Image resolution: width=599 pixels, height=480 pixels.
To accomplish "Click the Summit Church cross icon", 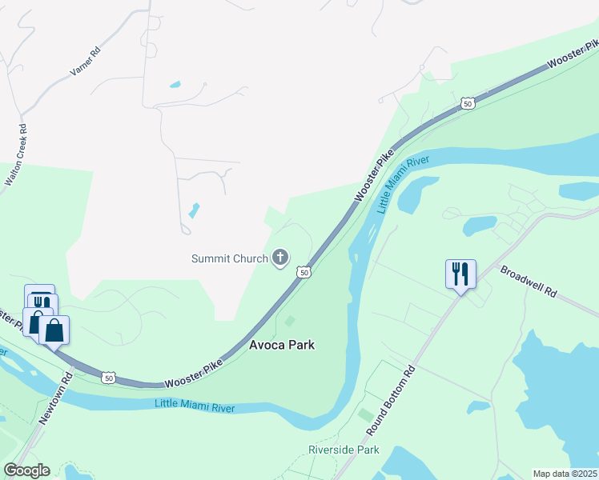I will click(279, 258).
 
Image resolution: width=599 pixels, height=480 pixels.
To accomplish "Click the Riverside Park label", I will click(344, 450).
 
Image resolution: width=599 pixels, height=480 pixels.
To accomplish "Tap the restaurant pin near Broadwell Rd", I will click(460, 274).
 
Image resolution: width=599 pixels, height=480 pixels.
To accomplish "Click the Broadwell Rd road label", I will click(528, 282).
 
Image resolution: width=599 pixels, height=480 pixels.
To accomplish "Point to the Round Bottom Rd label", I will click(392, 401).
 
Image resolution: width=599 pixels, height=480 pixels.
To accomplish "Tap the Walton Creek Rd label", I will click(16, 155).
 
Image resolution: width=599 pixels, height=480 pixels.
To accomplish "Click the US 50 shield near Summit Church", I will click(304, 273).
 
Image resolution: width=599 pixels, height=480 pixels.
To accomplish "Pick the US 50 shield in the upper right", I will click(468, 103).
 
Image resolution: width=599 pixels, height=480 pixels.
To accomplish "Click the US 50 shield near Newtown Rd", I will click(110, 377).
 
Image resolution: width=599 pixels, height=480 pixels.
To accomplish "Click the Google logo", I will click(26, 470).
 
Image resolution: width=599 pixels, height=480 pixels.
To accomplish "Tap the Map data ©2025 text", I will click(565, 474).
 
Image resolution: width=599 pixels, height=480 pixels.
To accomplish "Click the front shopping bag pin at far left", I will click(54, 330).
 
